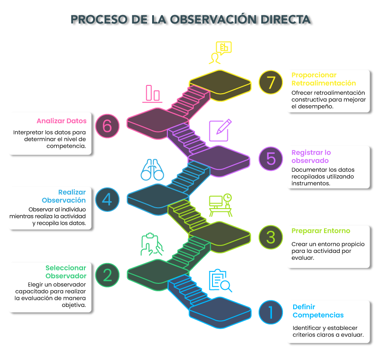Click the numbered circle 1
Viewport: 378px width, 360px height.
click(271, 312)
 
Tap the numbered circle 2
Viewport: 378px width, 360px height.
click(107, 275)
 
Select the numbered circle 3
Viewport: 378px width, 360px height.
click(271, 237)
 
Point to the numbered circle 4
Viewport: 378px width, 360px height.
click(107, 199)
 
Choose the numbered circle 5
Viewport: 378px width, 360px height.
click(271, 158)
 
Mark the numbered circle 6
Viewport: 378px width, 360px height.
click(107, 126)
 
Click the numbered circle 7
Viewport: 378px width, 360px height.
click(271, 83)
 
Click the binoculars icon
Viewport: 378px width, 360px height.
click(153, 170)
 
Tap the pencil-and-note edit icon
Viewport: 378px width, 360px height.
click(220, 130)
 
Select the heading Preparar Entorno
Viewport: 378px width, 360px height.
click(321, 231)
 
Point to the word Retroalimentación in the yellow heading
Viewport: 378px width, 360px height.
click(324, 83)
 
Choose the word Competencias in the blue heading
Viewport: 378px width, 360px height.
click(318, 315)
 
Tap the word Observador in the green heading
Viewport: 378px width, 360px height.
click(65, 276)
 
